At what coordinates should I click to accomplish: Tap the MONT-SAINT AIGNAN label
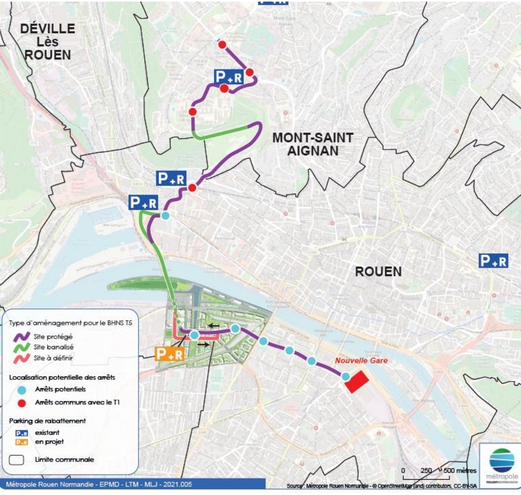[x=312, y=144]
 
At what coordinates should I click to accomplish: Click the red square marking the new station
[x=356, y=382]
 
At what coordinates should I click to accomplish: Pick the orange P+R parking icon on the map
[x=169, y=353]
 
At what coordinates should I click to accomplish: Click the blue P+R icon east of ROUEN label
[x=493, y=260]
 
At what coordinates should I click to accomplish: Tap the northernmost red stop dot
[x=222, y=45]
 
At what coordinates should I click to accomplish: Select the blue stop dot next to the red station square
[x=345, y=376]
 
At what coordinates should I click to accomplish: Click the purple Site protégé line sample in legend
[x=22, y=336]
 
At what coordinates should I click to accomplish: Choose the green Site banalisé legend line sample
[x=22, y=347]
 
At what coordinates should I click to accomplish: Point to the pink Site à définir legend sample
[x=22, y=358]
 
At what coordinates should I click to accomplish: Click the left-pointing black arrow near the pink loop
[x=213, y=325]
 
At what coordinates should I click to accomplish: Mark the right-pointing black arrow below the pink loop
[x=203, y=344]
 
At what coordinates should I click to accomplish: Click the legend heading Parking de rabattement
[x=48, y=421]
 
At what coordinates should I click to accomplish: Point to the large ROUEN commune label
[x=378, y=272]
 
